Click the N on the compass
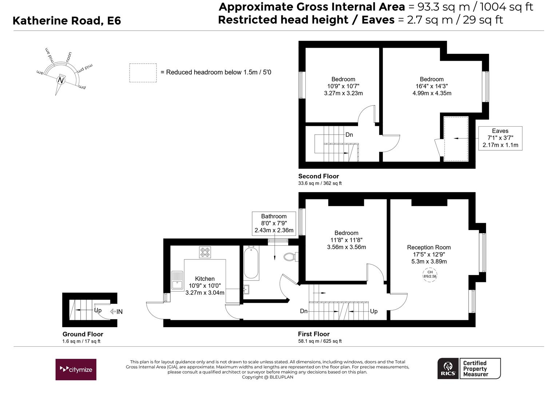pos(61,80)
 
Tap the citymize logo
pos(76,369)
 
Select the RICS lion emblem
pos(448,368)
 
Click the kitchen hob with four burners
pos(205,252)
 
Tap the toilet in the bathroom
pos(290,257)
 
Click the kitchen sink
pos(177,281)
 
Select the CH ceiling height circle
pos(430,275)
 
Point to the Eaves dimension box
pos(500,138)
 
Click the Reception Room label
pos(429,247)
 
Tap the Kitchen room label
pos(205,278)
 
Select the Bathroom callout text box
pos(274,223)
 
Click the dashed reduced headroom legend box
pos(143,73)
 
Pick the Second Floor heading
pos(318,176)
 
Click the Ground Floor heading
pos(83,334)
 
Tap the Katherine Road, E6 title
pos(67,21)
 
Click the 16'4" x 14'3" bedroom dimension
pos(432,86)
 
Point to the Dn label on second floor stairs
pos(349,135)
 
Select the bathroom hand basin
pos(246,290)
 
